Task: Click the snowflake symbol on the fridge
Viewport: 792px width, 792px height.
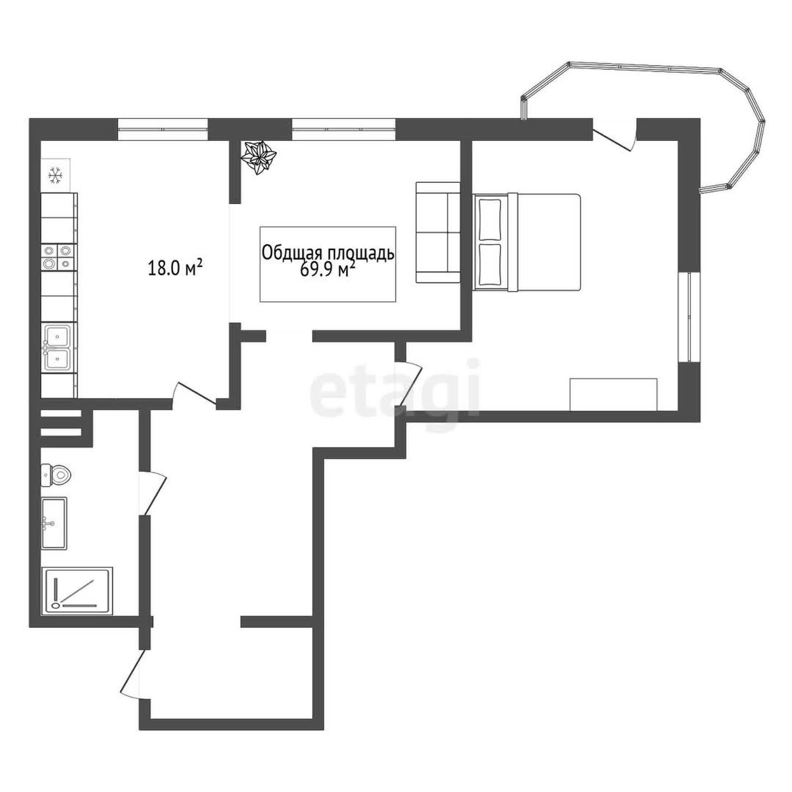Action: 55,175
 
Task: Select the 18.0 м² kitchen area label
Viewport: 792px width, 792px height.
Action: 175,269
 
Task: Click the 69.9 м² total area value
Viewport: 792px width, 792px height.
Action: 328,271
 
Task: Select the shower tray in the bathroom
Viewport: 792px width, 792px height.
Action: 77,591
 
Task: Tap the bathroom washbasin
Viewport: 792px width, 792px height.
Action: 54,523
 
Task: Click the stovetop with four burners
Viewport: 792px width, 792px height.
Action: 59,257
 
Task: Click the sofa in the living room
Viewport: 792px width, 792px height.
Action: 438,232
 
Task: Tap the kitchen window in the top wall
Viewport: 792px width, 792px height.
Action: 163,130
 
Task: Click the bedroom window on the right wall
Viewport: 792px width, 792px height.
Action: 689,317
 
